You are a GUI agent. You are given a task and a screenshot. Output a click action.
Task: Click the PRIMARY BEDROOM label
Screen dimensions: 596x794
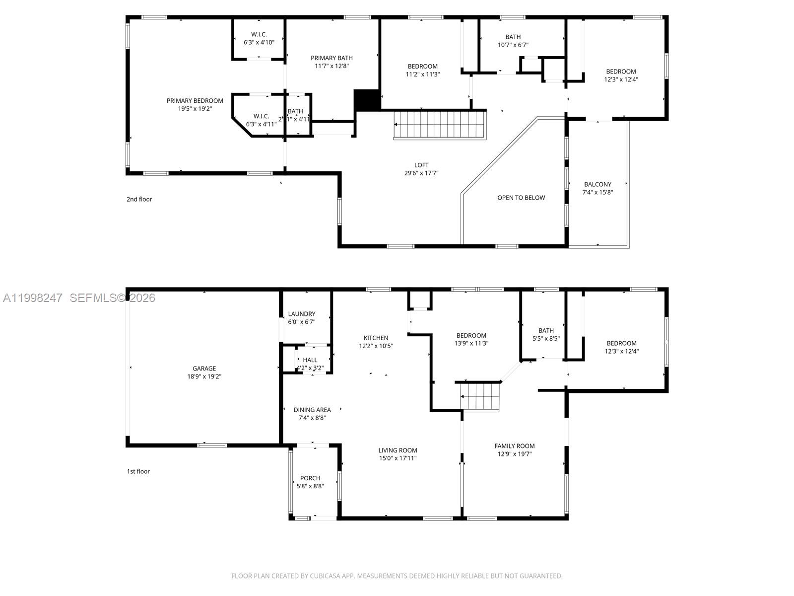195,101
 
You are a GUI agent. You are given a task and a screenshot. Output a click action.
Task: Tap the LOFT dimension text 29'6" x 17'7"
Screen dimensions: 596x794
421,173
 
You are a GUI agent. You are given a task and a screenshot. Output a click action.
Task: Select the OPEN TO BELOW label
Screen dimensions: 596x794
521,198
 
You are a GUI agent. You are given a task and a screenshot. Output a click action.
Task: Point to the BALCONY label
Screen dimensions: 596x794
597,184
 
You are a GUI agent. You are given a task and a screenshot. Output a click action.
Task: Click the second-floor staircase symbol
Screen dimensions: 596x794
439,125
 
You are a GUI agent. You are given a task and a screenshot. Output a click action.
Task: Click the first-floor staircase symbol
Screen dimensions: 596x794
480,397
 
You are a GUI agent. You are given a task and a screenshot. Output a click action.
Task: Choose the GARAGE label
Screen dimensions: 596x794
204,369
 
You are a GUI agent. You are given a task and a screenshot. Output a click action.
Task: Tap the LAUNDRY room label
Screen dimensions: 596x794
301,314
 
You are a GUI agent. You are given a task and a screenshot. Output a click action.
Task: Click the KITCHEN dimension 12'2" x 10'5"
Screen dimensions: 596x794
376,346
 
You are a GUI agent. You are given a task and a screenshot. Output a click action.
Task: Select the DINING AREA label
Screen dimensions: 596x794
312,410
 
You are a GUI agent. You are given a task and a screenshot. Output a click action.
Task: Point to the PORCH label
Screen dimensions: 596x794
310,478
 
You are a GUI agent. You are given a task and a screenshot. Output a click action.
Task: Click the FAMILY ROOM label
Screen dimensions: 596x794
514,446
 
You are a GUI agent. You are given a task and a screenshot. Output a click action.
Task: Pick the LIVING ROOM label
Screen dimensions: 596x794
397,450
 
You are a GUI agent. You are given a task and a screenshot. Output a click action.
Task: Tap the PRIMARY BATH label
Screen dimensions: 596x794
331,58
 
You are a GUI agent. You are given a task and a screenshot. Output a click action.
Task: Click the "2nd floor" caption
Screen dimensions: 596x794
139,199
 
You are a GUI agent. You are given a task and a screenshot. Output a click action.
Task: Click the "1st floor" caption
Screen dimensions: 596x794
138,471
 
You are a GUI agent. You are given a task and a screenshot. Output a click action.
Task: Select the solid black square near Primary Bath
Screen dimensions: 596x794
366,100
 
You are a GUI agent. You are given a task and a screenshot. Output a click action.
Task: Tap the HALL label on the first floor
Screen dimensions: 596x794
310,360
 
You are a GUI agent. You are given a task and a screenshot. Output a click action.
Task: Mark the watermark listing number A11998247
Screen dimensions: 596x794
33,298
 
